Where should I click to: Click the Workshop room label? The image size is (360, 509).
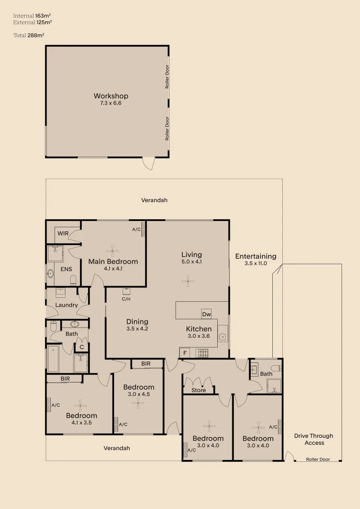click(x=111, y=96)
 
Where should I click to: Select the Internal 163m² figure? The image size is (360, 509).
click(x=32, y=16)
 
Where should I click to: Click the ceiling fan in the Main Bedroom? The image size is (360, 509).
click(x=113, y=250)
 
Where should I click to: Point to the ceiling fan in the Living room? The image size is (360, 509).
click(x=188, y=282)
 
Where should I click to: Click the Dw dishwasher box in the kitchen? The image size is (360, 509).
click(x=206, y=314)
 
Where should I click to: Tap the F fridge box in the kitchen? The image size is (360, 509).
click(x=185, y=353)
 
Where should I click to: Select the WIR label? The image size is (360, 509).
click(x=63, y=233)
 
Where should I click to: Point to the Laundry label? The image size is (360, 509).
click(x=66, y=305)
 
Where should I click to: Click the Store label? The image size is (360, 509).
click(x=198, y=390)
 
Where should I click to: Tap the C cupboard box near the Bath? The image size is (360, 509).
click(x=82, y=347)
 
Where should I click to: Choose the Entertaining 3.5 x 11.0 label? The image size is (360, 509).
click(x=256, y=260)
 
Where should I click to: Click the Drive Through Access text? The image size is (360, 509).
click(x=314, y=439)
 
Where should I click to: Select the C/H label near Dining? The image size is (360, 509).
click(x=126, y=299)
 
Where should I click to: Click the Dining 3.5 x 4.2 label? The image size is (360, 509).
click(x=137, y=325)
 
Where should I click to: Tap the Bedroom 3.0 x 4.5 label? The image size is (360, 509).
click(x=139, y=390)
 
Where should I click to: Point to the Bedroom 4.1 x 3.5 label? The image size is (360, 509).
click(x=82, y=419)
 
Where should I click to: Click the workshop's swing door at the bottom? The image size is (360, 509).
click(x=148, y=163)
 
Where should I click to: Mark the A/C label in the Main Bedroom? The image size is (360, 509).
click(x=136, y=230)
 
